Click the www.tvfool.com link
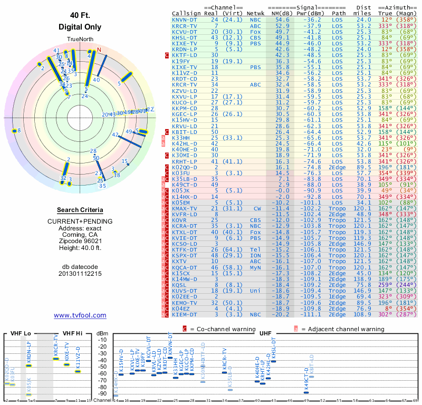(x=80, y=315)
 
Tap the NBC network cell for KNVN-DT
(x=255, y=20)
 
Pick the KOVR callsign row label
(x=180, y=219)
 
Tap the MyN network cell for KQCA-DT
(x=255, y=267)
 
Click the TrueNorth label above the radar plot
(x=79, y=40)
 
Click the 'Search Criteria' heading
(x=80, y=210)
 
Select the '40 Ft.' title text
(x=80, y=16)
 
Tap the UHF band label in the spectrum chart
(x=265, y=333)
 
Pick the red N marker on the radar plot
(x=99, y=51)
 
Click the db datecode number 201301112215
(x=80, y=274)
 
